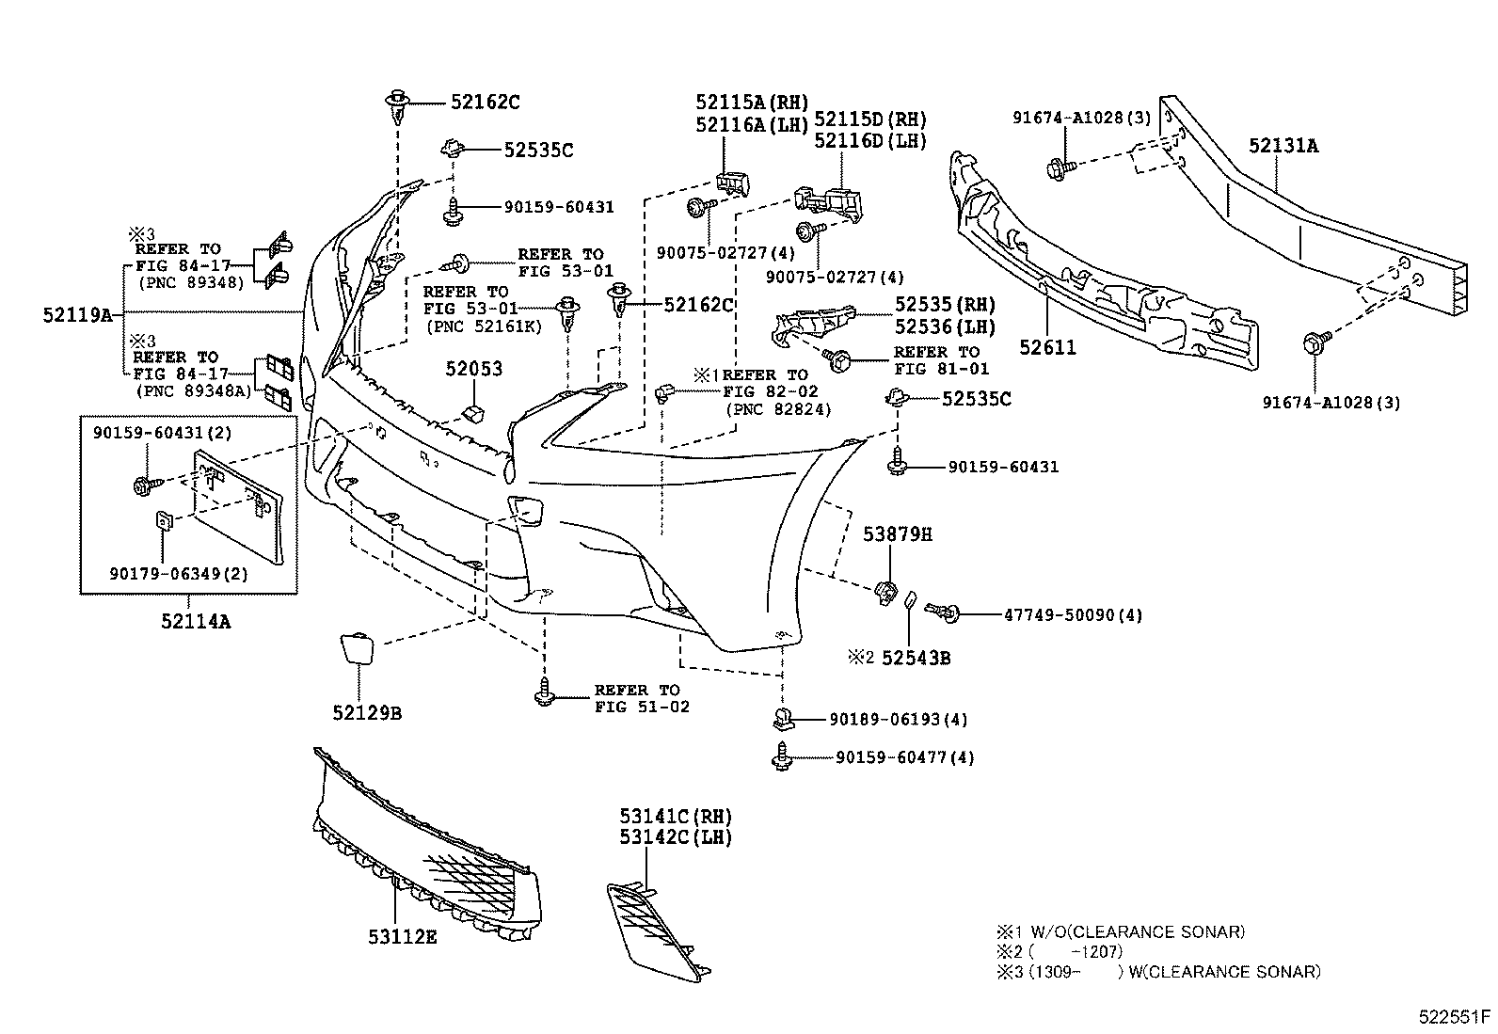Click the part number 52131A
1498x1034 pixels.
click(x=1283, y=146)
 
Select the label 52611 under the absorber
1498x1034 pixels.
click(x=1046, y=348)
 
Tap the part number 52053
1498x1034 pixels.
click(x=473, y=369)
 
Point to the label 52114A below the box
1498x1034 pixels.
click(x=196, y=621)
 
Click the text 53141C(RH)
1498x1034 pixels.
click(x=675, y=816)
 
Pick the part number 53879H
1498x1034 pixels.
click(x=898, y=534)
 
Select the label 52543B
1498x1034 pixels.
click(x=916, y=659)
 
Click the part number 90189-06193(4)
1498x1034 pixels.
click(x=898, y=720)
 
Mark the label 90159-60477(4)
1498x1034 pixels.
click(x=904, y=757)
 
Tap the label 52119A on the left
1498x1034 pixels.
click(x=77, y=315)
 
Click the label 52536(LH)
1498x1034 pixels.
click(x=945, y=327)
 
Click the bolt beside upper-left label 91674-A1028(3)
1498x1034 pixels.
click(x=1056, y=168)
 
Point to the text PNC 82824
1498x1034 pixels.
click(x=773, y=408)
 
